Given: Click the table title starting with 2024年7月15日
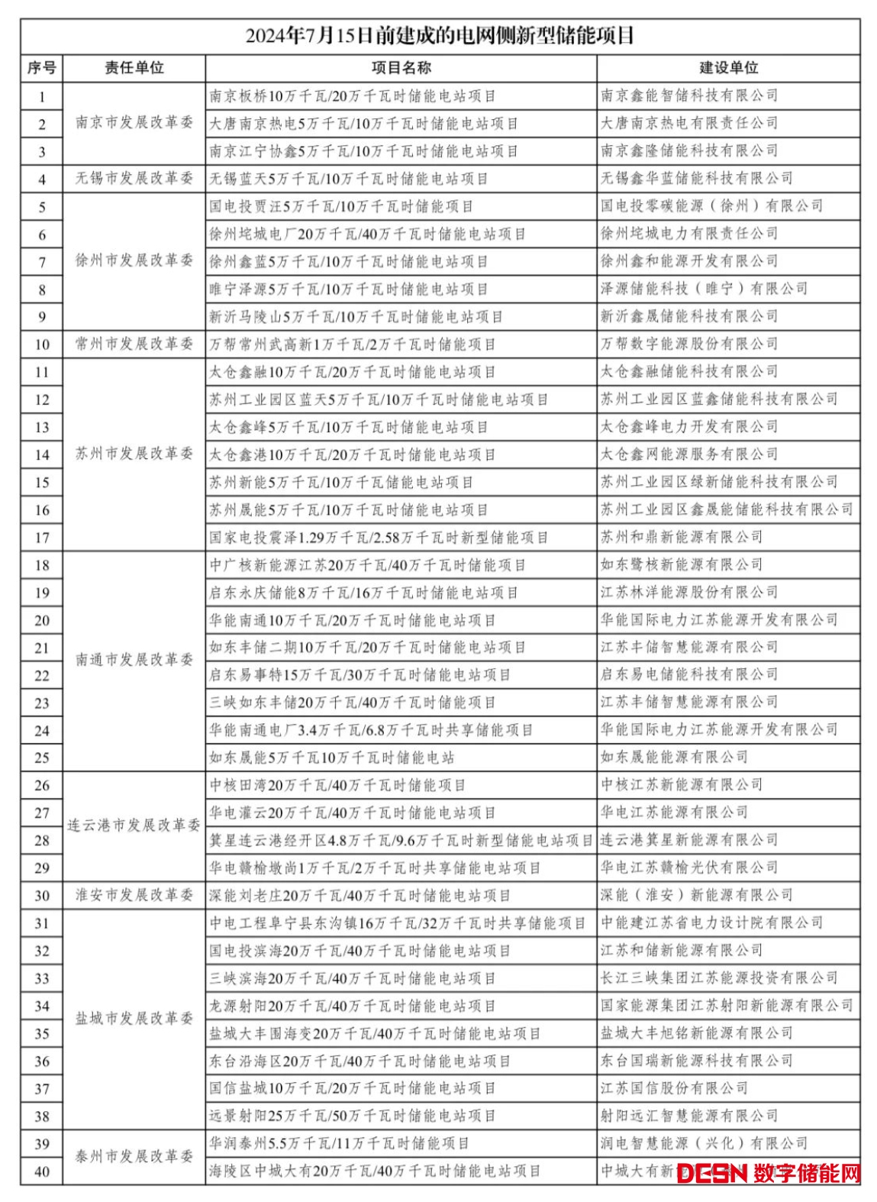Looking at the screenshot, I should pyautogui.click(x=440, y=36).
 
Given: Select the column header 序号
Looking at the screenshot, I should pyautogui.click(x=41, y=68).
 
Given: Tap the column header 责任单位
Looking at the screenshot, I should pyautogui.click(x=134, y=68).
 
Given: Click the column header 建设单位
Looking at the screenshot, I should pyautogui.click(x=728, y=68).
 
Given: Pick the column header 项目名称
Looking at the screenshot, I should pyautogui.click(x=401, y=68).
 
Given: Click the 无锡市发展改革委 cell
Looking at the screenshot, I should pyautogui.click(x=134, y=179).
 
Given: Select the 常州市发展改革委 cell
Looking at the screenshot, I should pyautogui.click(x=134, y=344).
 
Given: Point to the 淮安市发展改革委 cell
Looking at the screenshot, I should pyautogui.click(x=134, y=895).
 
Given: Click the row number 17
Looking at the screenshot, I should pyautogui.click(x=42, y=538).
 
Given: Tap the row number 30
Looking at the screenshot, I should pyautogui.click(x=42, y=896).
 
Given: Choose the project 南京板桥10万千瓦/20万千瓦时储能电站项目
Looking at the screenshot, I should pyautogui.click(x=353, y=96).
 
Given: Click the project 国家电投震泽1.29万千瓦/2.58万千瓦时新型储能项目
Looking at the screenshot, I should pyautogui.click(x=379, y=538).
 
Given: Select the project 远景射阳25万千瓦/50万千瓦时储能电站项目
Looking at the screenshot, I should pyautogui.click(x=353, y=1116).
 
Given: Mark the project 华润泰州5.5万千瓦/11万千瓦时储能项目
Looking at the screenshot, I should pyautogui.click(x=340, y=1143).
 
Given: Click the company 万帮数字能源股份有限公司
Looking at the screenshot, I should pyautogui.click(x=689, y=344).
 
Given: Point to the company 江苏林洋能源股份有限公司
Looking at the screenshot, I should pyautogui.click(x=689, y=593).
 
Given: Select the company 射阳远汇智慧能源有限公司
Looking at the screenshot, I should pyautogui.click(x=689, y=1116).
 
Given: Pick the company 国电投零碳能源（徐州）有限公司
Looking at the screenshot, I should pyautogui.click(x=712, y=206).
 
